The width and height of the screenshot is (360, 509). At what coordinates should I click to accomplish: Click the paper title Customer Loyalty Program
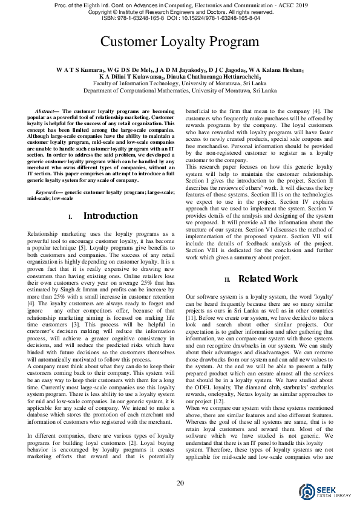pyautogui.click(x=180, y=42)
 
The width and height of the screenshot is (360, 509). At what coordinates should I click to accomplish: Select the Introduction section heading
pyautogui.click(x=110, y=216)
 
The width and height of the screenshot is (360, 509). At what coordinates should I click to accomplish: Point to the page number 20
pyautogui.click(x=180, y=482)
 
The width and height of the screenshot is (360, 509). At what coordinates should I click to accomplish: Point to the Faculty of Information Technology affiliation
pyautogui.click(x=180, y=83)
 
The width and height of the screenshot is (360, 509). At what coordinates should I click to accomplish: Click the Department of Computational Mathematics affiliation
pyautogui.click(x=180, y=90)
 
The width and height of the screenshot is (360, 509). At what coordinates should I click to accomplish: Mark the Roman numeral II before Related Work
pyautogui.click(x=227, y=279)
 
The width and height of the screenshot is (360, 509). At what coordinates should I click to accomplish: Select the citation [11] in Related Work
pyautogui.click(x=191, y=318)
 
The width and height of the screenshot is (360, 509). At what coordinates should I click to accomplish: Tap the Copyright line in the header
pyautogui.click(x=180, y=11)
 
